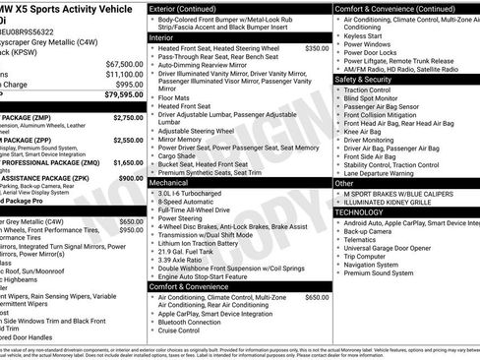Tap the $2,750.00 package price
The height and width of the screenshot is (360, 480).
128,117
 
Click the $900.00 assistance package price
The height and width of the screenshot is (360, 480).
131,179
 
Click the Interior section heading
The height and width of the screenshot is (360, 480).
161,37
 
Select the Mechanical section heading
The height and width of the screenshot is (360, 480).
169,183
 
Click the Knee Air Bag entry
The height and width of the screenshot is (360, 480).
366,131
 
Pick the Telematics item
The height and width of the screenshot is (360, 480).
366,239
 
